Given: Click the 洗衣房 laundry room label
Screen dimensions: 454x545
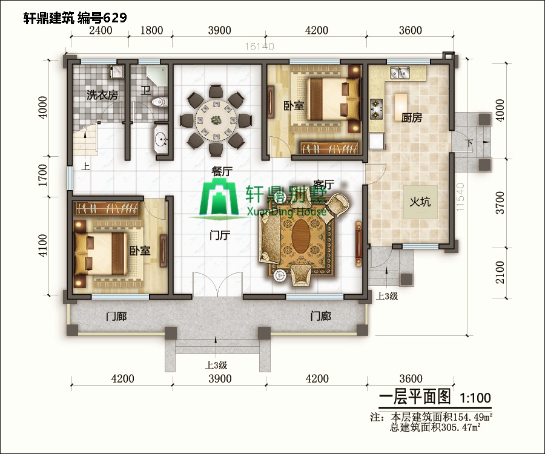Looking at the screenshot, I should pos(102,95).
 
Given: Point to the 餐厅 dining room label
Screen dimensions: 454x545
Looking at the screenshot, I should pos(222,171).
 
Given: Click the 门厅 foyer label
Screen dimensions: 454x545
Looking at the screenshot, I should pos(219,235).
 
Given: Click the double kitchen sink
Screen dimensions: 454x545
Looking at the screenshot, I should pos(400,74).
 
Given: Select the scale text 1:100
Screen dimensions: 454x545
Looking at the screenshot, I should pos(475,399).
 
